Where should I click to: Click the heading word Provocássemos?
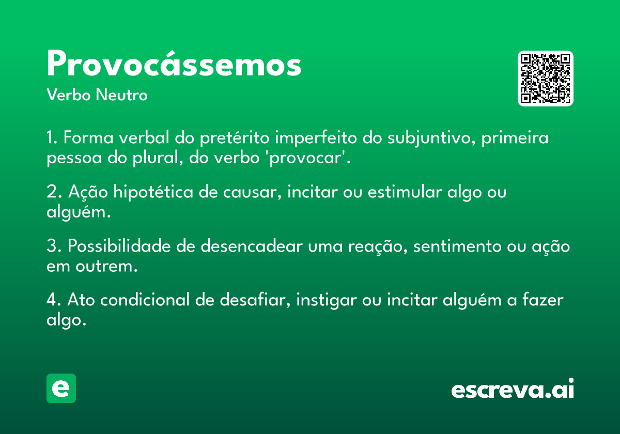174,64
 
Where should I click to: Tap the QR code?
545,79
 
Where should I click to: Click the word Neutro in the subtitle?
121,95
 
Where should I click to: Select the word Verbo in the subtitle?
69,95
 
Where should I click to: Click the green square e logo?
61,388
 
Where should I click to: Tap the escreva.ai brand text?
513,389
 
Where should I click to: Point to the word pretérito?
235,138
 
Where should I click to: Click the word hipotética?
153,192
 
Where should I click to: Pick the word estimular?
405,192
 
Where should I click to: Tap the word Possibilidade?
119,246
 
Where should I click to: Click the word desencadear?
252,246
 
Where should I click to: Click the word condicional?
145,300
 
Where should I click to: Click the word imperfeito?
316,138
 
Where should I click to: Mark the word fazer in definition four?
543,300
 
